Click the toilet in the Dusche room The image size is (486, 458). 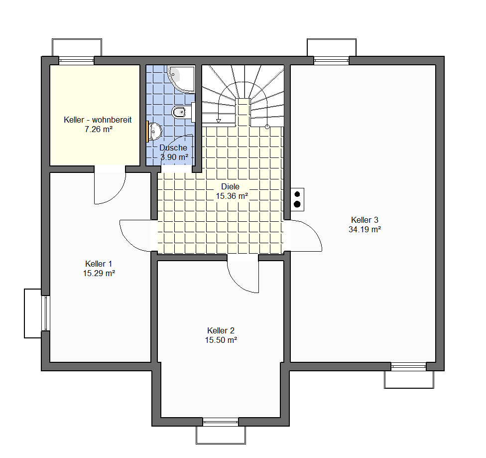[x=179, y=112]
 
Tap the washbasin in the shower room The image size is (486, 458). [x=155, y=132]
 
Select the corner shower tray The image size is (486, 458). [x=181, y=79]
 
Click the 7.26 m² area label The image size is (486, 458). [x=98, y=130]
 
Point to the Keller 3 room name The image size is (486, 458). [x=364, y=220]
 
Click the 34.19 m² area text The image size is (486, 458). [x=364, y=230]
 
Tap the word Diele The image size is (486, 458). [x=230, y=186]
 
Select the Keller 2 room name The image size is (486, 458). [x=221, y=330]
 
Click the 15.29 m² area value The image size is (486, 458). [x=99, y=274]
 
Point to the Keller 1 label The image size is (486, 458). [x=99, y=264]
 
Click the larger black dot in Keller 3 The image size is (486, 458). [x=297, y=204]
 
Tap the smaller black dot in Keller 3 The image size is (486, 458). [x=297, y=194]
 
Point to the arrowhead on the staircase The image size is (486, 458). [x=219, y=121]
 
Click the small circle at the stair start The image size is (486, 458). [x=267, y=127]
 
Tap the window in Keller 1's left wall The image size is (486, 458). [x=46, y=313]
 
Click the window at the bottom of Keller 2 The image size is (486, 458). [x=221, y=422]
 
